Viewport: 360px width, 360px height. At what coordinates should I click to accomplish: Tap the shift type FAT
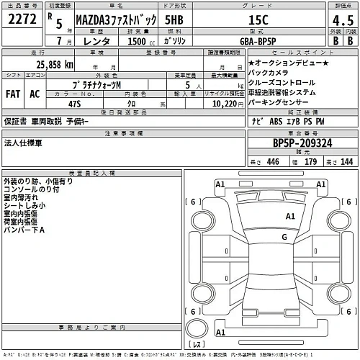pos(13,94)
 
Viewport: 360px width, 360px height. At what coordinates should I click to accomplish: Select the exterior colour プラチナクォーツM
pos(91,85)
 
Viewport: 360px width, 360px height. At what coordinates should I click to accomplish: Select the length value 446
pos(272,161)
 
